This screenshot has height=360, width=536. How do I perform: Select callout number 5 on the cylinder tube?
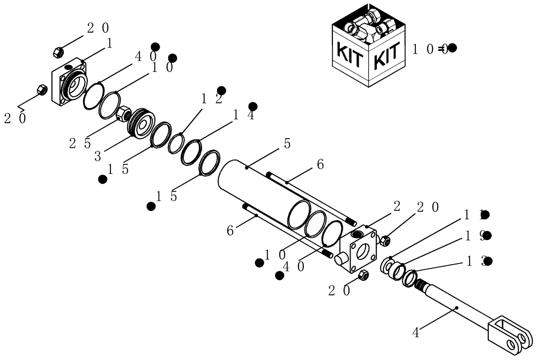click(x=287, y=144)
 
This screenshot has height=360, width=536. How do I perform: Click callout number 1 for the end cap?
click(x=109, y=43)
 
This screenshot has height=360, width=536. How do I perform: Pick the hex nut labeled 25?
click(x=123, y=114)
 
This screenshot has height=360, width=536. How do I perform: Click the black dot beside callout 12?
click(x=221, y=90)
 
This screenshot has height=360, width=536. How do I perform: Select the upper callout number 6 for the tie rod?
click(x=320, y=165)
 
